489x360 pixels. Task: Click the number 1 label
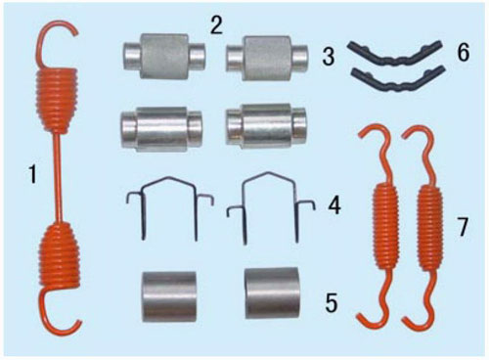click(31, 174)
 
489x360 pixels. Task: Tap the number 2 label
click(216, 24)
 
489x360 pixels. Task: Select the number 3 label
click(329, 56)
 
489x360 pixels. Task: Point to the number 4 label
click(334, 206)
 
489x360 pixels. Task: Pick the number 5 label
click(331, 303)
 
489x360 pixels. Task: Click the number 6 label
click(464, 52)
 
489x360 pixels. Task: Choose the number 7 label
click(462, 227)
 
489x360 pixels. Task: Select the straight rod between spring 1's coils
click(59, 178)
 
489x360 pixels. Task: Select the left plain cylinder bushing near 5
click(169, 296)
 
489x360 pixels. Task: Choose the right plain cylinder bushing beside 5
click(272, 293)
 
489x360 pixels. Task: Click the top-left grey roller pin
click(164, 56)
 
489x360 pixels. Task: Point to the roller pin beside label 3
click(267, 58)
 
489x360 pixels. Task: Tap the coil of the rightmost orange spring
click(430, 228)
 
